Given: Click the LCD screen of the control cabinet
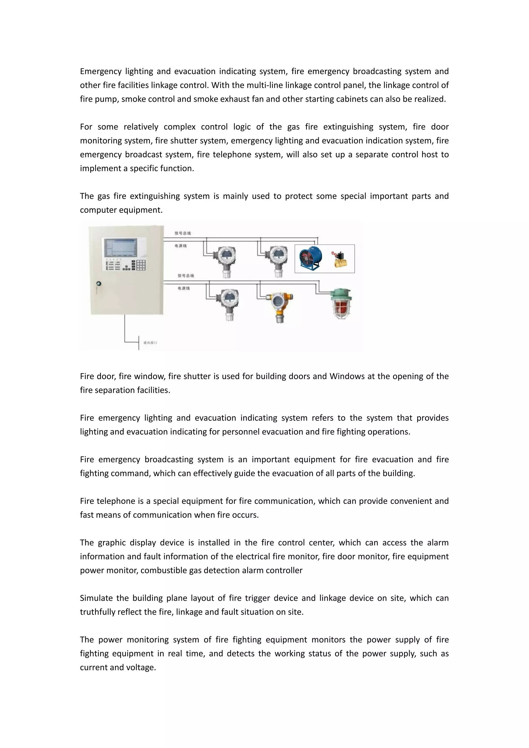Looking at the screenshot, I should (120, 248).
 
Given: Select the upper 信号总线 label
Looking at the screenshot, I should (183, 233).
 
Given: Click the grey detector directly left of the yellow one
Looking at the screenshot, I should (229, 304).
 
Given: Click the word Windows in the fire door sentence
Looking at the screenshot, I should (347, 376).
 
